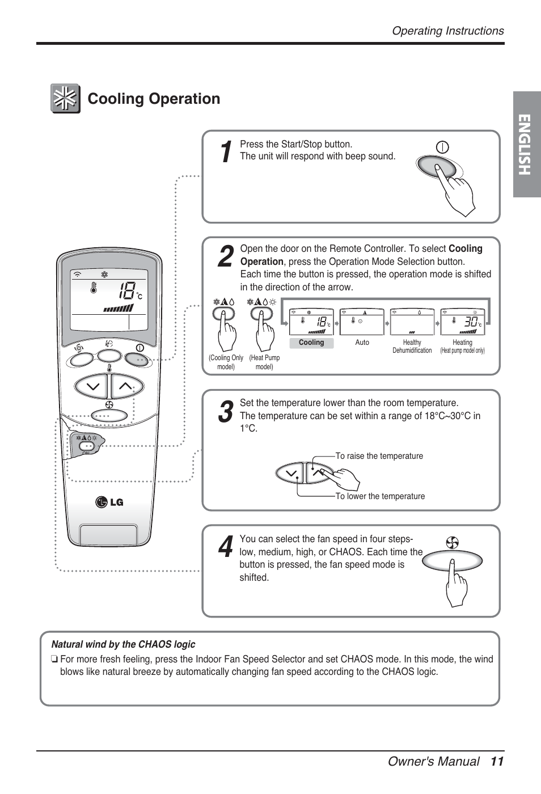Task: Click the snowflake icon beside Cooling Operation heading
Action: click(65, 99)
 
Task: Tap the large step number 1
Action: click(226, 152)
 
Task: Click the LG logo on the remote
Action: click(109, 502)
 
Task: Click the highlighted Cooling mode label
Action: click(311, 343)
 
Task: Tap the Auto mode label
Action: click(362, 343)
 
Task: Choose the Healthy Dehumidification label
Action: click(412, 347)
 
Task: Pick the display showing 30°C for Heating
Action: click(462, 322)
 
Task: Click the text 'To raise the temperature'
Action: click(379, 456)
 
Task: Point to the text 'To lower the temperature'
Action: click(380, 496)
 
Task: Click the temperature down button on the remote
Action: click(92, 387)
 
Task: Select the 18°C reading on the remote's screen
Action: click(130, 292)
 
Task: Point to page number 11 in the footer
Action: click(497, 762)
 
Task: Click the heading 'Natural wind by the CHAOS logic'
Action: click(123, 644)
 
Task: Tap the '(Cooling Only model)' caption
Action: click(226, 362)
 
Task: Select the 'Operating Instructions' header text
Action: click(447, 31)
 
